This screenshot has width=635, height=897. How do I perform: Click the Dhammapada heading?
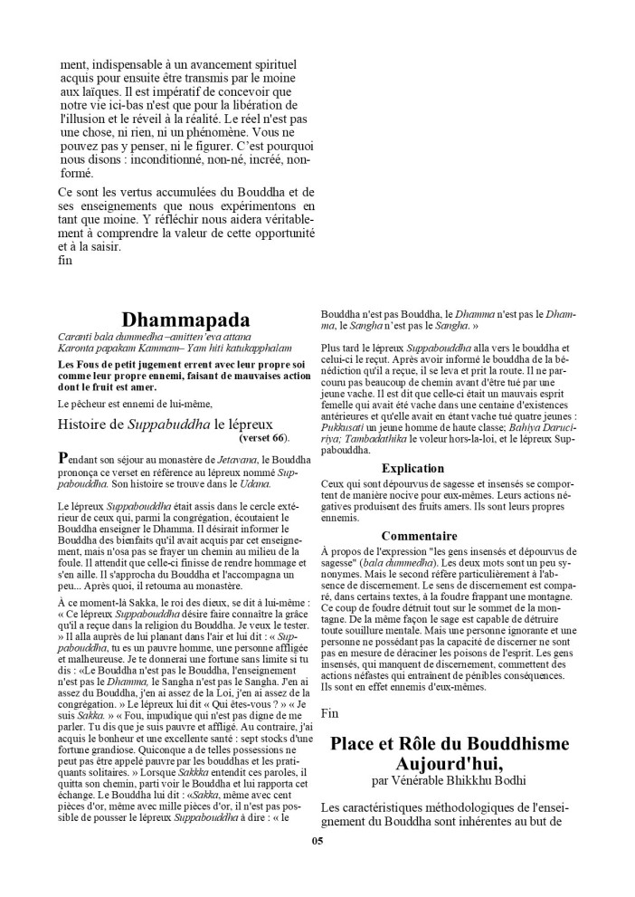click(x=185, y=320)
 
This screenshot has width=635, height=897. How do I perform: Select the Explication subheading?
click(x=412, y=468)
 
